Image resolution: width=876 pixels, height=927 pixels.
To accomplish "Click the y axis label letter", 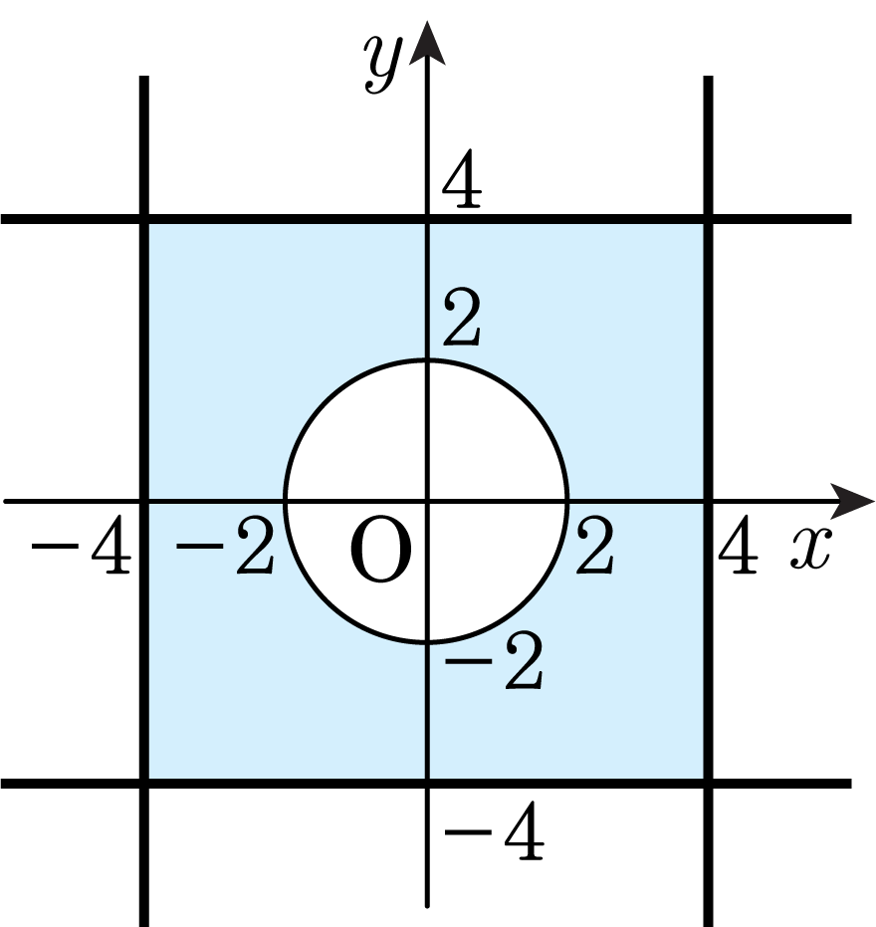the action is tap(383, 64).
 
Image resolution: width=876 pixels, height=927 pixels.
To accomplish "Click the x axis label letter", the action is tap(811, 549).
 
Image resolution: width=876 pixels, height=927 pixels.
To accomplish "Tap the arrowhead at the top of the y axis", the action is tap(427, 43).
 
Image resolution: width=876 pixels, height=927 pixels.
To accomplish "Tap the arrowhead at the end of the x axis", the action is tap(852, 502).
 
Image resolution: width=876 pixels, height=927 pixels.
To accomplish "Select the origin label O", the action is tap(381, 549).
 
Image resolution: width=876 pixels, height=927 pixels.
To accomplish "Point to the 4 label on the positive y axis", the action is tap(462, 178).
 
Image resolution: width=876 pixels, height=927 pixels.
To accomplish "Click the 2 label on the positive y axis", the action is tap(462, 318).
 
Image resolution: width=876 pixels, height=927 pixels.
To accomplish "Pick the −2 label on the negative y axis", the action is tap(494, 661).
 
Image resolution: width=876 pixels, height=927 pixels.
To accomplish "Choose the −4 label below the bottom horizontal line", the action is tap(494, 830).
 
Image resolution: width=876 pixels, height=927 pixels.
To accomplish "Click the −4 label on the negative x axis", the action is tap(81, 545).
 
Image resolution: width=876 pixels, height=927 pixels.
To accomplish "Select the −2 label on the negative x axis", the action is tap(225, 545).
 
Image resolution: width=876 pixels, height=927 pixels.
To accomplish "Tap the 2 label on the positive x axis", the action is tap(595, 545).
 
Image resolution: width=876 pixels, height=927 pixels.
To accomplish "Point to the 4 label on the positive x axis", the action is tap(738, 545).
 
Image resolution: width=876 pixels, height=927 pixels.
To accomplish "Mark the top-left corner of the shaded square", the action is tap(144, 219).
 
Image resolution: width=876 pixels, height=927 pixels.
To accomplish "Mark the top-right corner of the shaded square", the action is tap(708, 219).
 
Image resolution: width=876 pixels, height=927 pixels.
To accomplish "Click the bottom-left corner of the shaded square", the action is tap(144, 784).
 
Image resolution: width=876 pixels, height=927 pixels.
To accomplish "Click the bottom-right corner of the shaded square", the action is tap(708, 784).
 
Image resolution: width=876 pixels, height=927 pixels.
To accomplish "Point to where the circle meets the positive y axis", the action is tap(427, 360).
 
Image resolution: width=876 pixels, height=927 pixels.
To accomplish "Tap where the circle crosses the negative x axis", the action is tap(286, 502).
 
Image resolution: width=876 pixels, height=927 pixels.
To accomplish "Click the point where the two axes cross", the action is tap(427, 502).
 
